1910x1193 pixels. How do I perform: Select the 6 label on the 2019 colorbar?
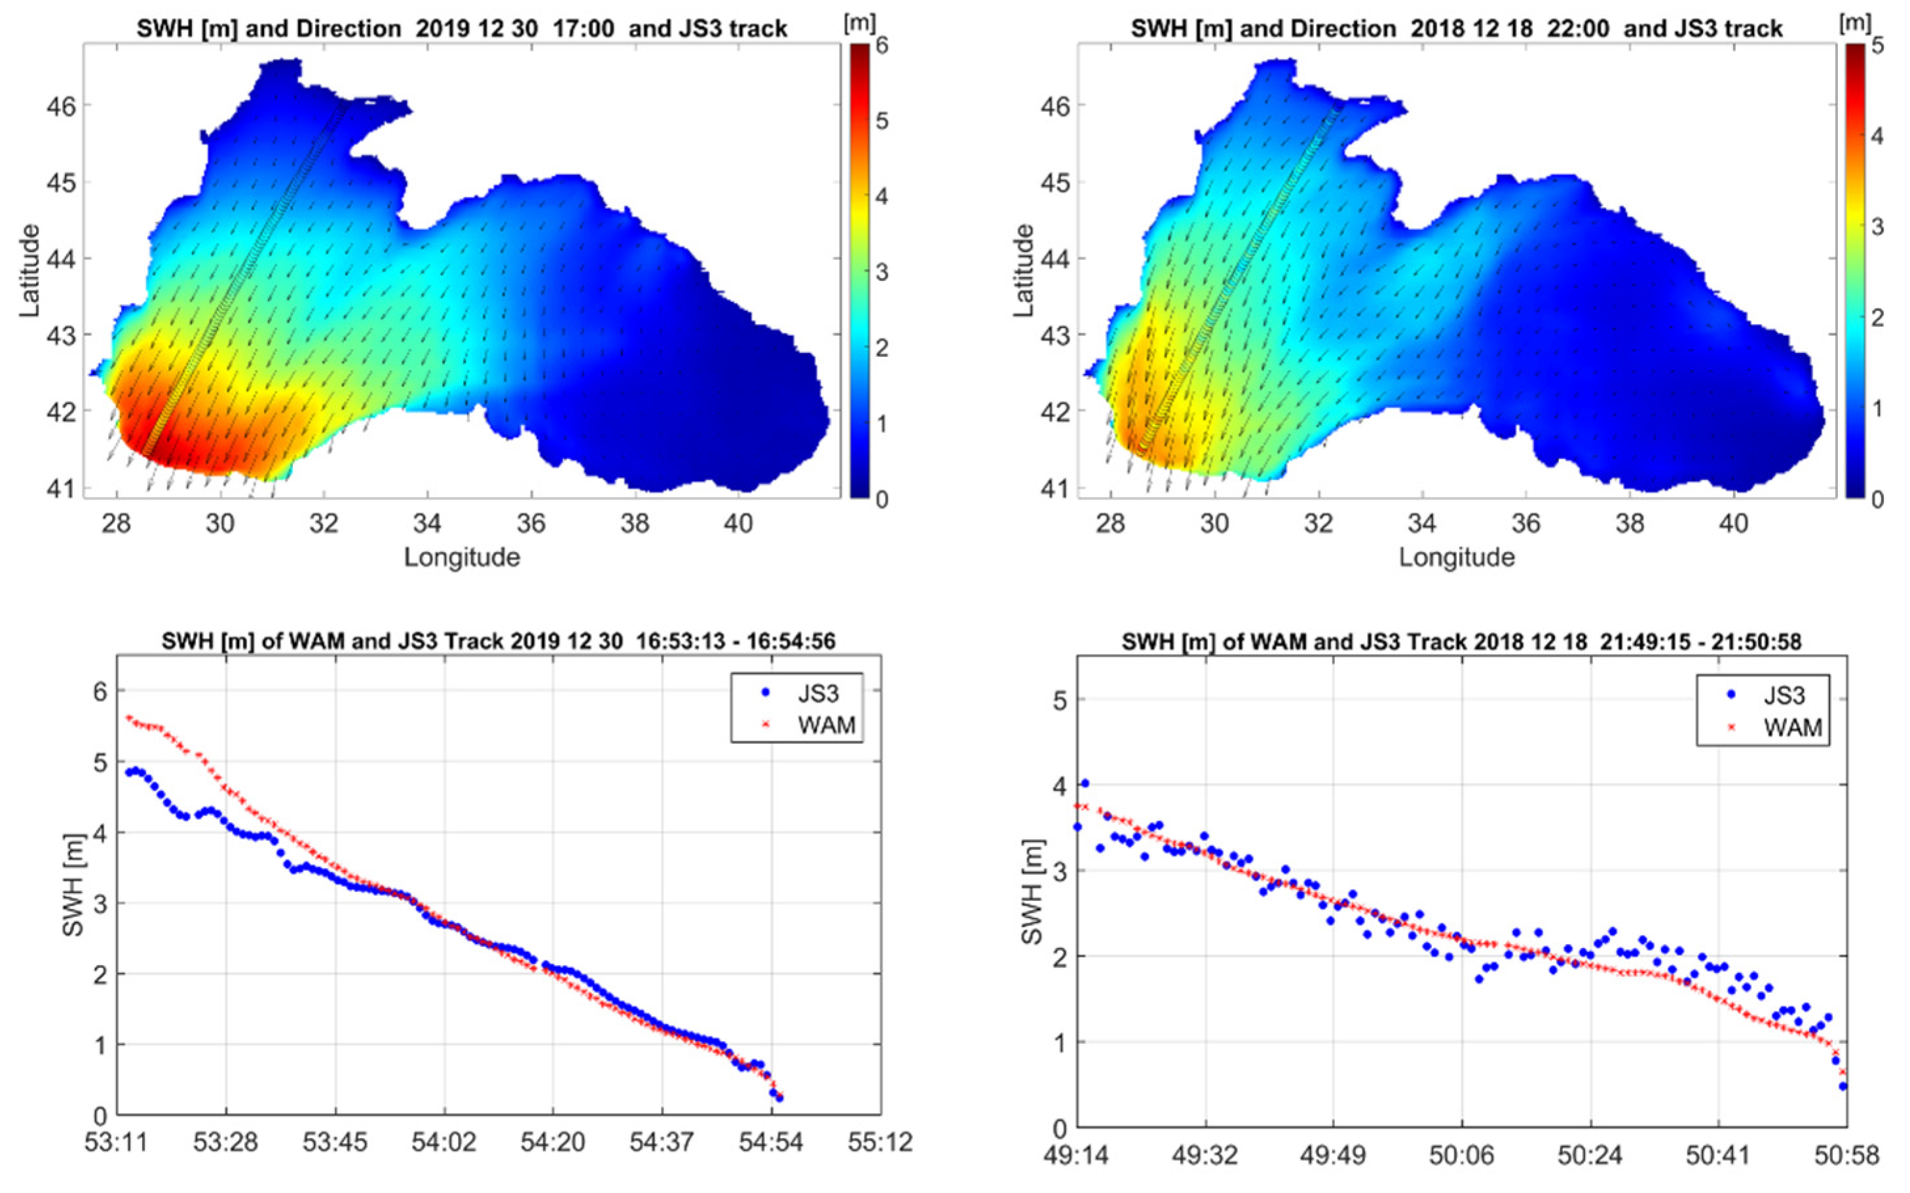(x=882, y=46)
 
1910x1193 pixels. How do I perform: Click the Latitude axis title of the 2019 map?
(x=30, y=270)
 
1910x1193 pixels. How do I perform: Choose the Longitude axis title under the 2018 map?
(x=1457, y=558)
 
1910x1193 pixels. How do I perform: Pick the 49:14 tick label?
(x=1078, y=1155)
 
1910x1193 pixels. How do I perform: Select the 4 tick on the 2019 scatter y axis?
(x=101, y=832)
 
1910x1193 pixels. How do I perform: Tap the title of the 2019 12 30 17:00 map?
(x=462, y=29)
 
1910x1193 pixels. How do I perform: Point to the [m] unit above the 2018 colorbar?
(x=1855, y=22)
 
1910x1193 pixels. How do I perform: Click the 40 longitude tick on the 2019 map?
(x=738, y=524)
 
